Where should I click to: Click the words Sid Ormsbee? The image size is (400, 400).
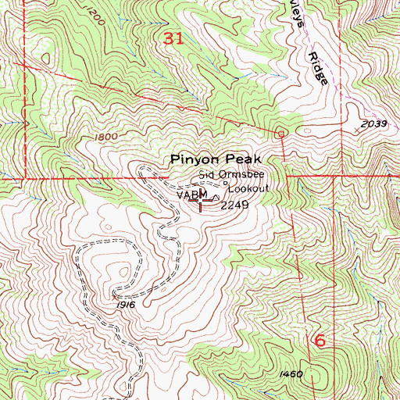click(227, 176)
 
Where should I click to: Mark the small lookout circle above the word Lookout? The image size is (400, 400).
click(227, 184)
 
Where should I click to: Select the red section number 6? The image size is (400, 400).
click(319, 341)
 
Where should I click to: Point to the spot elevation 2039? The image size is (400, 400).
click(374, 125)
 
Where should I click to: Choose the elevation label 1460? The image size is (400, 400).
click(291, 375)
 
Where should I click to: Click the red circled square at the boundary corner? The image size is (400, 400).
click(280, 134)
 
